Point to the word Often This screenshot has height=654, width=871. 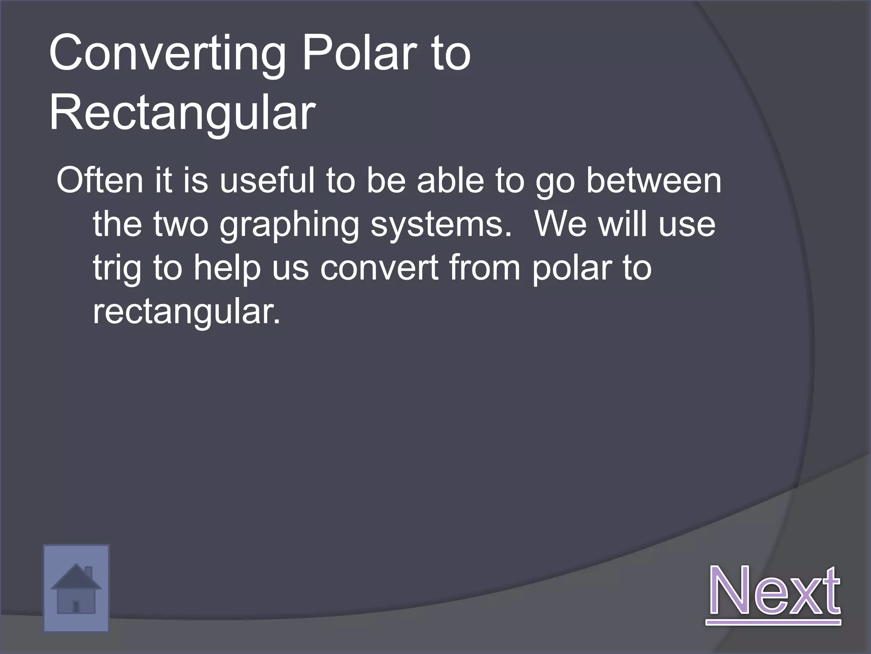click(x=100, y=181)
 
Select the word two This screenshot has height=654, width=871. click(x=181, y=224)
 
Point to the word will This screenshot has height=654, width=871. click(x=624, y=224)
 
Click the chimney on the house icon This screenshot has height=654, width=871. click(x=88, y=571)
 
